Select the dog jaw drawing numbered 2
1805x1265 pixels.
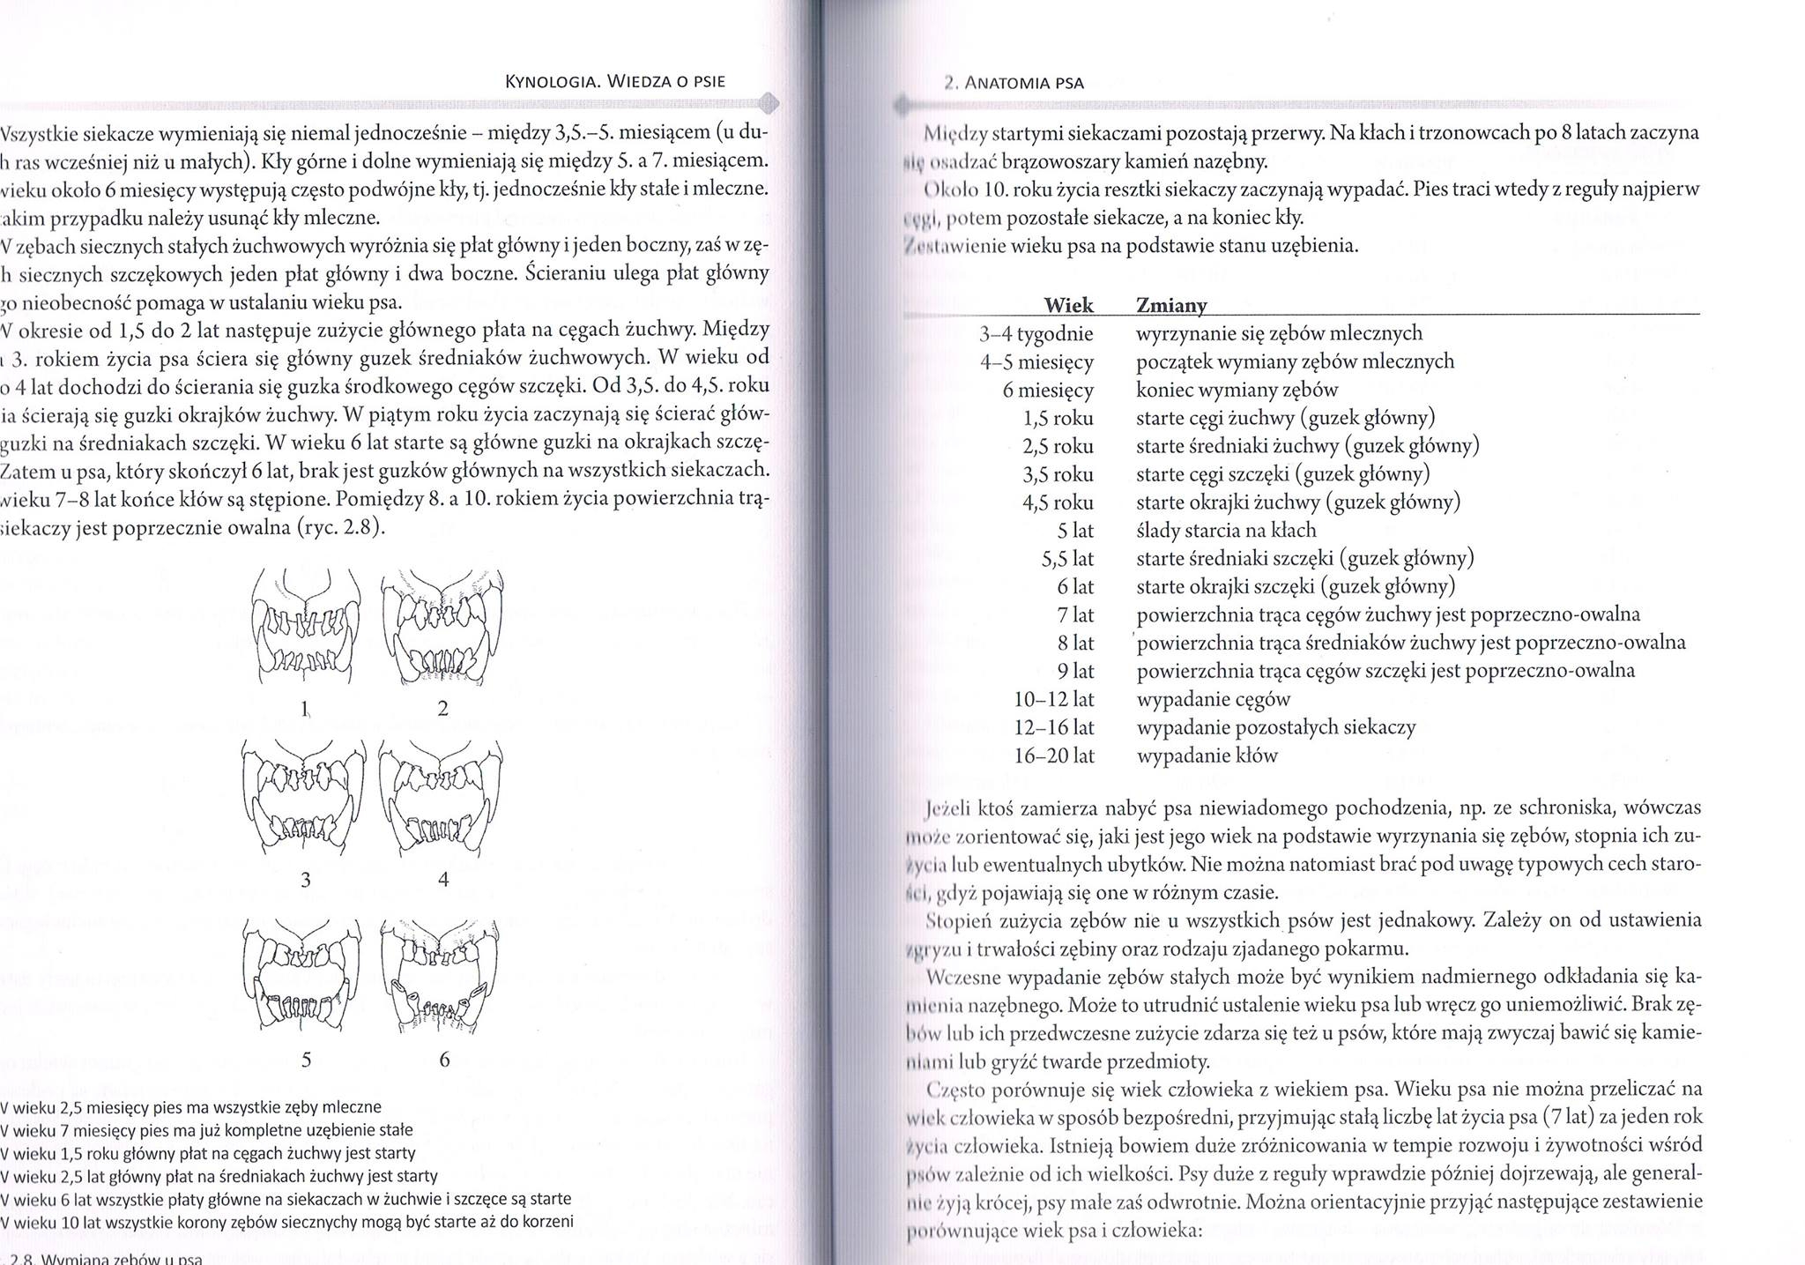pos(443,626)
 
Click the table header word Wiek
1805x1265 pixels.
pos(1068,305)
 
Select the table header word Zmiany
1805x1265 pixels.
pos(1171,305)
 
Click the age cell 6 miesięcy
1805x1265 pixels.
pos(1048,390)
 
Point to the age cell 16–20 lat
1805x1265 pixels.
pos(1054,755)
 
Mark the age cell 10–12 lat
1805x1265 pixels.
pos(1054,699)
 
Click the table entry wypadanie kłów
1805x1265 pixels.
pos(1207,755)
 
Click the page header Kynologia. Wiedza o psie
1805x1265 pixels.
pos(615,83)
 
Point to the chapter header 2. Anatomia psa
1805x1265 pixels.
pos(1013,84)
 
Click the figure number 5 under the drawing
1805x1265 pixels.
pos(306,1060)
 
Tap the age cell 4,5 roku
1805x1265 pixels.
pos(1058,502)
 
